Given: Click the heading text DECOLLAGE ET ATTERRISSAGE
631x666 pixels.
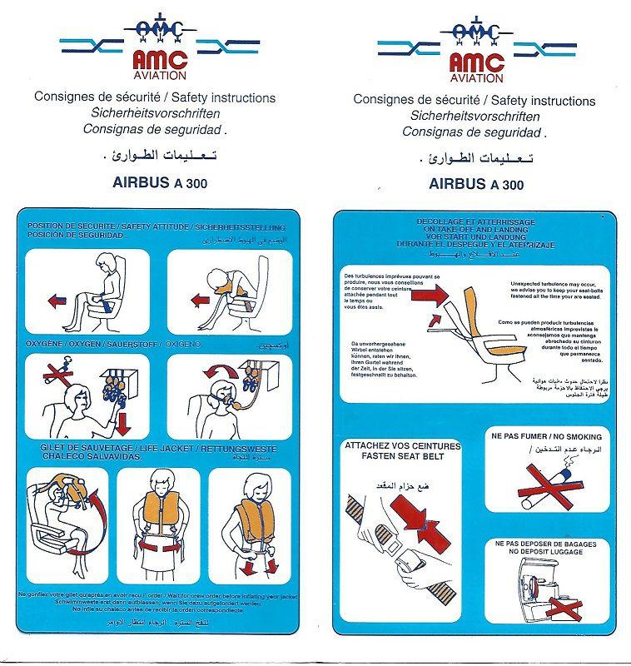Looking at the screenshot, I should tap(470, 221).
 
